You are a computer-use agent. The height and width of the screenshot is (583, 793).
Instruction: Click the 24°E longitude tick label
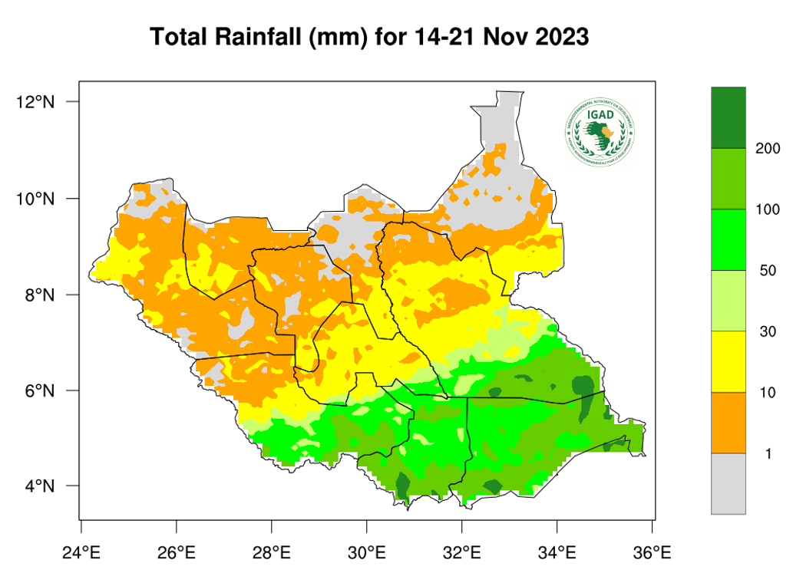81,552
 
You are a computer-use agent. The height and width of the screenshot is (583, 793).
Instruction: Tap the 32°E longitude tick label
462,552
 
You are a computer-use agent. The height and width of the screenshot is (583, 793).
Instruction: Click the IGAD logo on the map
601,133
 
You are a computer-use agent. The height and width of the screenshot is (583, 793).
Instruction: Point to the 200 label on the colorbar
768,148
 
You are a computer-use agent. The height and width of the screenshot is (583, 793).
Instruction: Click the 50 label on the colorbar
768,270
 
